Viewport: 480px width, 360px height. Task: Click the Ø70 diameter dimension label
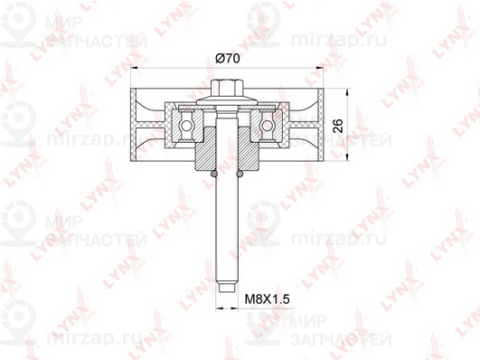[228, 58]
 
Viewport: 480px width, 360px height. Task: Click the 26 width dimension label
[338, 126]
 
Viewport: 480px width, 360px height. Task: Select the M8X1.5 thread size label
[268, 298]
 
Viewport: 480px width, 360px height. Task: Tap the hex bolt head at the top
[227, 88]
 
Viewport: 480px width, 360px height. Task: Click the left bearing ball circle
[186, 126]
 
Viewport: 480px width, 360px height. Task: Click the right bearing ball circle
[267, 126]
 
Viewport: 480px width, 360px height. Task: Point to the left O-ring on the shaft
[214, 174]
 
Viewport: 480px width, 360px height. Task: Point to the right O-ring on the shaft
[240, 174]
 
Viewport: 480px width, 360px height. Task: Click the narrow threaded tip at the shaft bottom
[227, 288]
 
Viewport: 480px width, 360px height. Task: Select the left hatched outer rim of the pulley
[134, 125]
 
